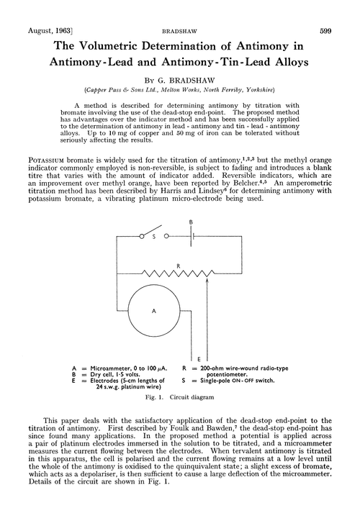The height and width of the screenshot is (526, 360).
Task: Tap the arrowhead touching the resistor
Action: [x=208, y=281]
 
